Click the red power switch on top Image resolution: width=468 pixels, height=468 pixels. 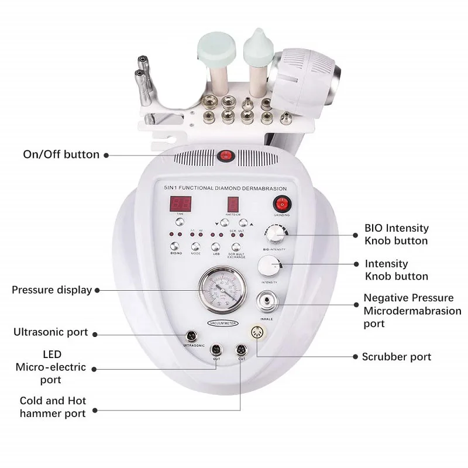[x=225, y=156]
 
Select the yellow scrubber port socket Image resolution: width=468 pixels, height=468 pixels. [x=257, y=332]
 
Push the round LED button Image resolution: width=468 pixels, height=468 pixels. [x=215, y=247]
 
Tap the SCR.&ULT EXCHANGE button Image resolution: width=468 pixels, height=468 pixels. [x=236, y=247]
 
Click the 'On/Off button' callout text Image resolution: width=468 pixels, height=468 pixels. [x=61, y=154]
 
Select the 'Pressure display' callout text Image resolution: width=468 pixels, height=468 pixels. [x=51, y=290]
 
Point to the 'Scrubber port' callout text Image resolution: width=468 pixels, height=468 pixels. [x=397, y=356]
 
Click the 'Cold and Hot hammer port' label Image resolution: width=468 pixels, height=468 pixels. [x=53, y=407]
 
